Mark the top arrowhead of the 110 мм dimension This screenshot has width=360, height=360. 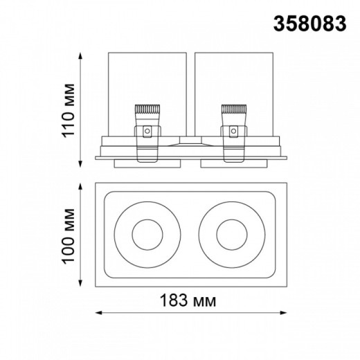pyautogui.click(x=82, y=55)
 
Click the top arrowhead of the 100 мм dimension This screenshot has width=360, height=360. pyautogui.click(x=82, y=186)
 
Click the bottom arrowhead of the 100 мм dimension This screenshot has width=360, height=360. pyautogui.click(x=82, y=284)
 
